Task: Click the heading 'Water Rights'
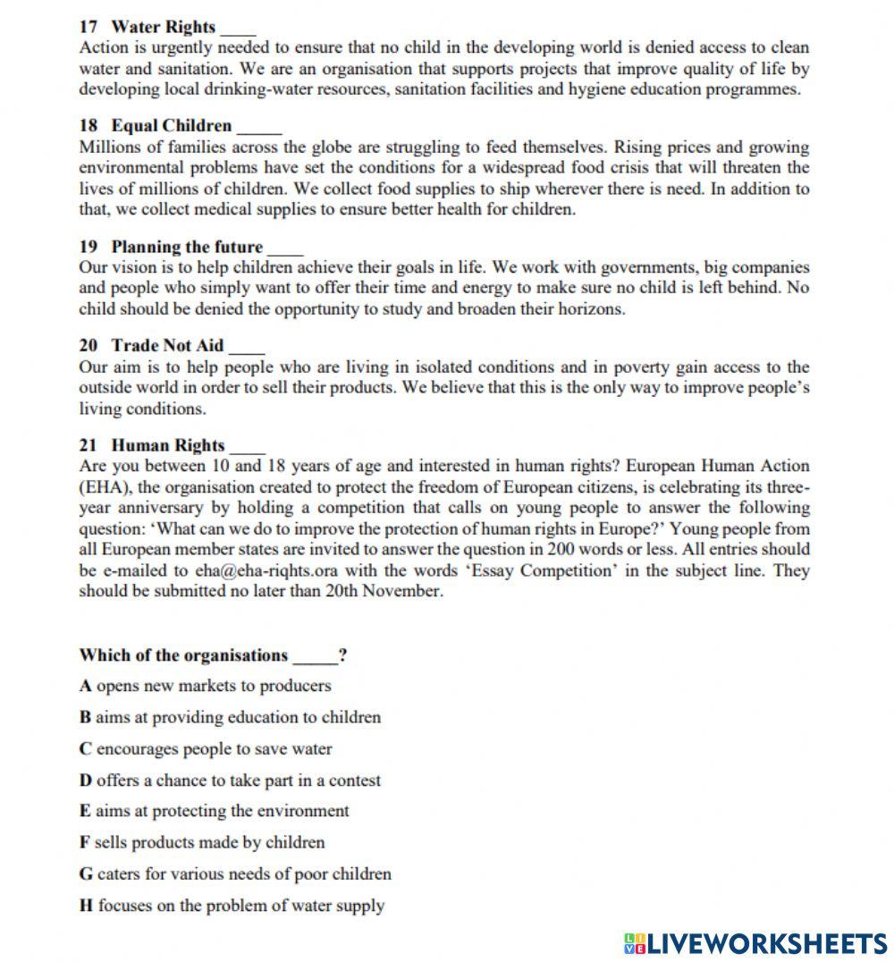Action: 163,27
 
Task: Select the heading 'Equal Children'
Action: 171,125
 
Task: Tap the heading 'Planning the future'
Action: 187,247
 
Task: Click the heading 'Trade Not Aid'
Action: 167,345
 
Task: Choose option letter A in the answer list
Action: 86,686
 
